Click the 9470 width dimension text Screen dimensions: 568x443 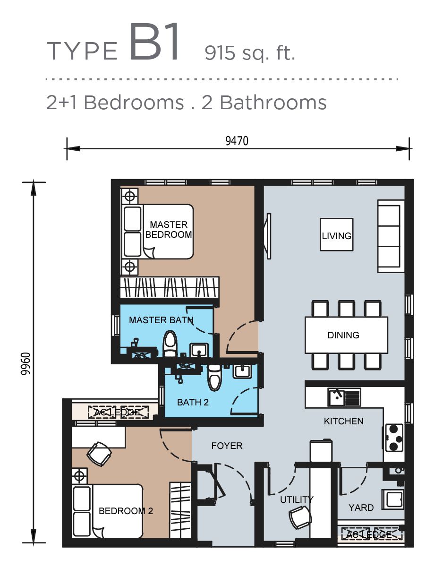coord(237,140)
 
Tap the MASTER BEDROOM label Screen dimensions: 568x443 coord(169,229)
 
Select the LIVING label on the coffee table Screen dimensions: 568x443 coord(336,235)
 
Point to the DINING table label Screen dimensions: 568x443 coord(343,335)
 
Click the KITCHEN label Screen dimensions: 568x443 coord(343,421)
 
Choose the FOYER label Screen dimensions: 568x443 coord(227,445)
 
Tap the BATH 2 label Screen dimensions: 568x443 coord(193,403)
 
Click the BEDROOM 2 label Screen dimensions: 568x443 coord(126,511)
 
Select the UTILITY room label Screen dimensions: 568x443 coord(297,499)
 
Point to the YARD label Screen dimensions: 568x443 coord(361,508)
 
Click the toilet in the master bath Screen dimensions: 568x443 coord(170,344)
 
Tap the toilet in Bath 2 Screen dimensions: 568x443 coord(214,377)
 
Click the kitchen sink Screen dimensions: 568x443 coord(344,397)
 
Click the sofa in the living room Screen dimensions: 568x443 coord(391,236)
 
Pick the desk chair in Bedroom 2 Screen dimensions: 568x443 coord(99,454)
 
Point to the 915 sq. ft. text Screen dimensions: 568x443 coord(250,53)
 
